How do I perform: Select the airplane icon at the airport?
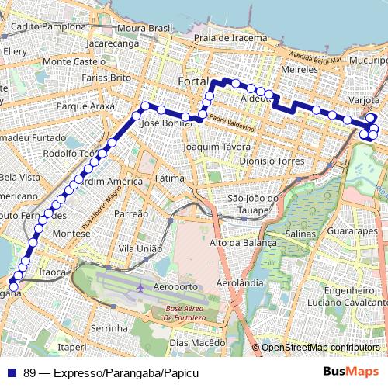(x=140, y=287)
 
